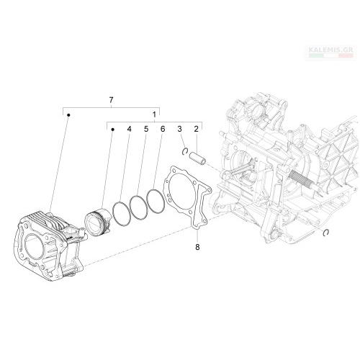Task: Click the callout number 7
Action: pyautogui.click(x=111, y=100)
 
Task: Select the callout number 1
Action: pyautogui.click(x=155, y=114)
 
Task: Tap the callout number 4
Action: pyautogui.click(x=130, y=129)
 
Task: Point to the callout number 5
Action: pyautogui.click(x=146, y=129)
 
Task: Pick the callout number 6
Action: pyautogui.click(x=163, y=129)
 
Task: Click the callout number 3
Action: pyautogui.click(x=180, y=129)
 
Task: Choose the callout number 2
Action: pyautogui.click(x=197, y=129)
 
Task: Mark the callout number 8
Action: pyautogui.click(x=197, y=247)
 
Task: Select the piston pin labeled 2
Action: pyautogui.click(x=199, y=158)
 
